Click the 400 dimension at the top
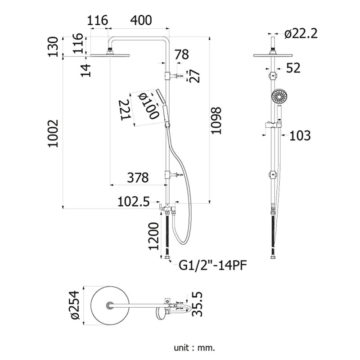point(141,20)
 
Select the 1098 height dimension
point(216,121)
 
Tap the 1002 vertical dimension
point(53,133)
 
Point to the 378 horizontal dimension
point(138,177)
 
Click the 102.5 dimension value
point(134,202)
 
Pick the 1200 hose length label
point(153,236)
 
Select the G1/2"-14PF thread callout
point(213,265)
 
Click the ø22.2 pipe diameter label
point(301,34)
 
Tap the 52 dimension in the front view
point(293,68)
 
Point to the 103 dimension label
point(300,135)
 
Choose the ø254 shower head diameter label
point(75,305)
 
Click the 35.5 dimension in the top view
point(198,304)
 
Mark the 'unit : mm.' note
point(194,348)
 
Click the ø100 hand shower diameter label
point(148,105)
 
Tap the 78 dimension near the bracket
point(182,54)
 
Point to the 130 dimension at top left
point(53,47)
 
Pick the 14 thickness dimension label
point(85,70)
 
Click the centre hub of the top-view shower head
point(109,306)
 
